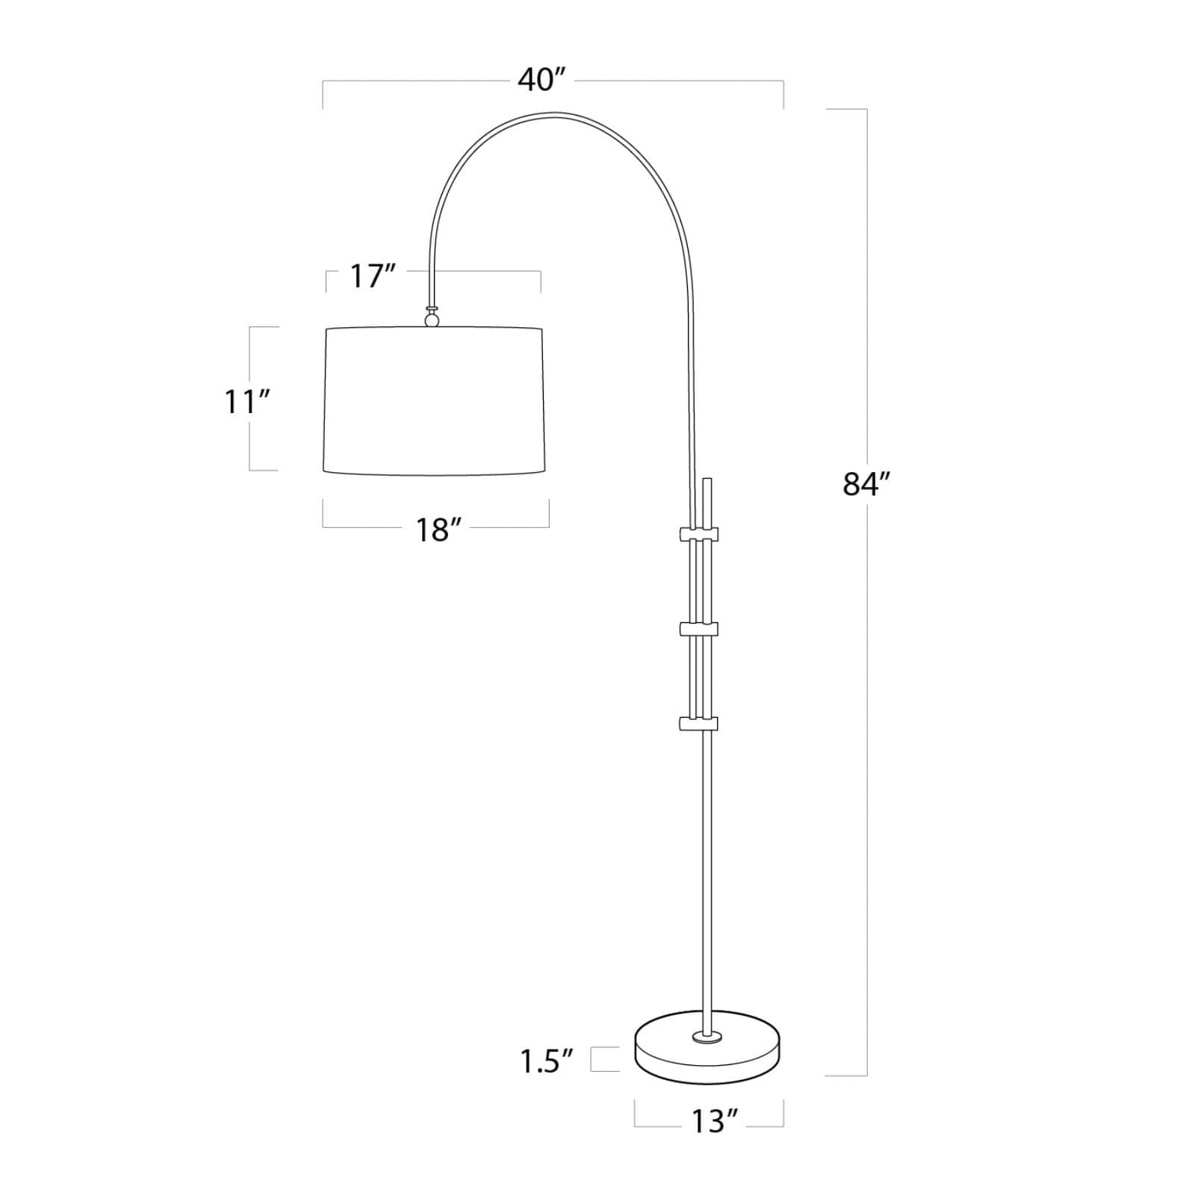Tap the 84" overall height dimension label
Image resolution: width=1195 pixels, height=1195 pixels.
pos(867,484)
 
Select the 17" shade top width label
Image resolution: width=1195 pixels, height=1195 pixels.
pos(373,277)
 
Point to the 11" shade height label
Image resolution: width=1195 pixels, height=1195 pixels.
pos(246,403)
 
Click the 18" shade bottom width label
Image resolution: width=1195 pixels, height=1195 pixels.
pos(436,530)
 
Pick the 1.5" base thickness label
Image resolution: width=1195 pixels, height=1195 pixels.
pos(547,1061)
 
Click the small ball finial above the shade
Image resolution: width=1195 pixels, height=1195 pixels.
pos(432,320)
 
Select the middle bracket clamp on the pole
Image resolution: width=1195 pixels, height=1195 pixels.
pos(698,629)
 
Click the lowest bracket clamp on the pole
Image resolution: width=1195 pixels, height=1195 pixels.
pos(698,723)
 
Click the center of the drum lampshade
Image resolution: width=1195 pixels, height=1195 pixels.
pos(434,400)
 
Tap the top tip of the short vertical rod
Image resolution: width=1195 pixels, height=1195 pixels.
pos(708,480)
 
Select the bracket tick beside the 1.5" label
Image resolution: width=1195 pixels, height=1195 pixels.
pos(605,1060)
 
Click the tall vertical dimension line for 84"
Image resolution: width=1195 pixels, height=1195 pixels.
pos(866,672)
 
